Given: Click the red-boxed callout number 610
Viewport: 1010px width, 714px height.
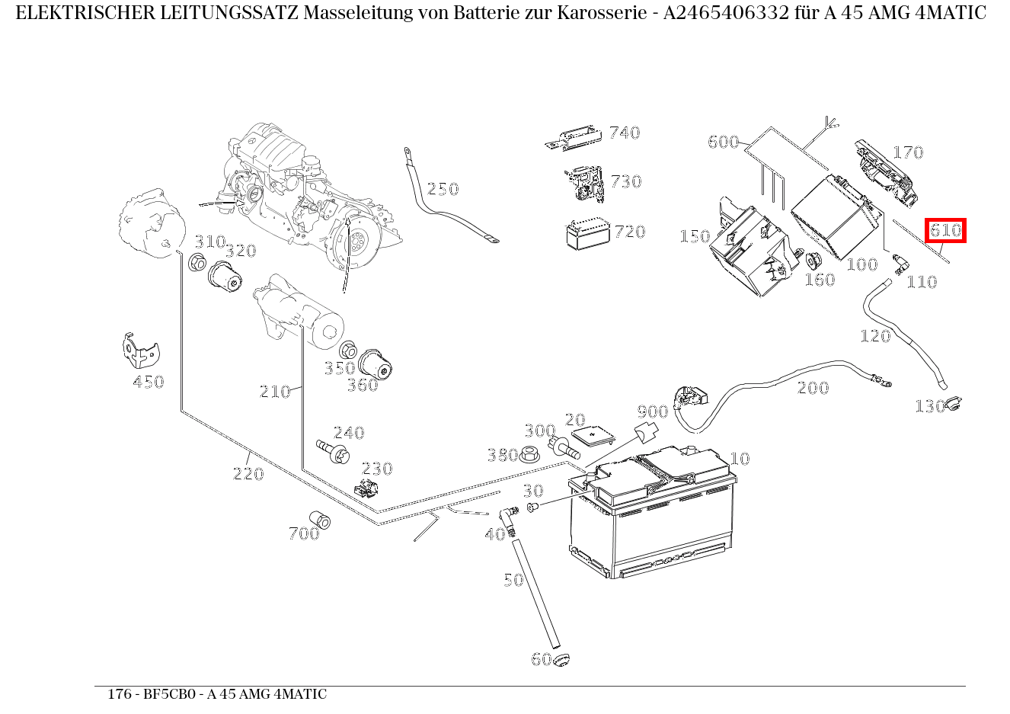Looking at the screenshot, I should click(945, 231).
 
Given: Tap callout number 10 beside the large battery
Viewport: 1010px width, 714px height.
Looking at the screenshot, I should click(740, 458).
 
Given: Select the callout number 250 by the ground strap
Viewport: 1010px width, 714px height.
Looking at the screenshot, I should click(443, 189).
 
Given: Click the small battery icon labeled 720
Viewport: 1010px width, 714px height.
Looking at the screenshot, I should click(584, 234).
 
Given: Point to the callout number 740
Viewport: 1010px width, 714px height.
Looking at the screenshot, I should click(625, 133).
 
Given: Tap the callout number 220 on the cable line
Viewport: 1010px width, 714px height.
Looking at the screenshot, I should click(248, 474).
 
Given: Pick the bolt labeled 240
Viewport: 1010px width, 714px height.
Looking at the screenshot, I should click(331, 450).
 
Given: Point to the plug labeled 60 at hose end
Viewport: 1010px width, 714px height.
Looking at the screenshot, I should click(562, 659).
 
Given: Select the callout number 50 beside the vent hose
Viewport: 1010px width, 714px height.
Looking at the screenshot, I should click(513, 580).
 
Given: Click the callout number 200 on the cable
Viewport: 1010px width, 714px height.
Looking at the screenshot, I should click(813, 388).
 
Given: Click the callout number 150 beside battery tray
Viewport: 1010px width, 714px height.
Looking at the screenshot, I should click(694, 236).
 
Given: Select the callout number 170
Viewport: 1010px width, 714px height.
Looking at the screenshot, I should click(908, 152).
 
